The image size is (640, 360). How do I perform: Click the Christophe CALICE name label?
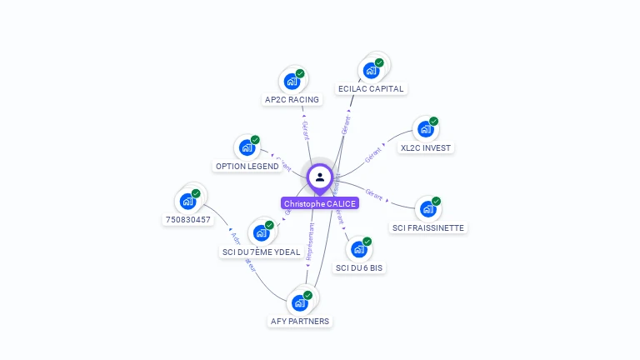click(320, 203)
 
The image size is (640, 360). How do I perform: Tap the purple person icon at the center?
click(320, 177)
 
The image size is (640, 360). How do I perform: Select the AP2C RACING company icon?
click(292, 81)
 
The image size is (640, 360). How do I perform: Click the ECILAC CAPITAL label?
click(371, 88)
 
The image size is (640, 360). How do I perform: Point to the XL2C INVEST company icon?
click(425, 129)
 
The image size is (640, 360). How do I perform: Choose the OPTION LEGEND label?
click(247, 166)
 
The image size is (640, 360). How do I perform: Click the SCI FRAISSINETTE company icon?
click(427, 209)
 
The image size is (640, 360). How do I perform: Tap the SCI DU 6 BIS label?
click(359, 267)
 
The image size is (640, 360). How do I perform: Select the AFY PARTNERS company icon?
click(300, 302)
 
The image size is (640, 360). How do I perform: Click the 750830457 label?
click(187, 220)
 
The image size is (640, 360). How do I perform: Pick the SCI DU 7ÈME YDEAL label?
click(261, 252)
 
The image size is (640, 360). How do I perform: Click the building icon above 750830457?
click(187, 201)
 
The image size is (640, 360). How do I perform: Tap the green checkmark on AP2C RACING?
click(300, 73)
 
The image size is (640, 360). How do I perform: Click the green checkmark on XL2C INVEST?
click(433, 122)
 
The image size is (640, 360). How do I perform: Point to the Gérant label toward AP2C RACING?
click(305, 128)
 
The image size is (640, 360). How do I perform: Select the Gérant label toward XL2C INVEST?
click(372, 154)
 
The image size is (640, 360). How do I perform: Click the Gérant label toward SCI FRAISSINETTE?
click(374, 195)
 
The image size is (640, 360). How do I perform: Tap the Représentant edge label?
click(311, 242)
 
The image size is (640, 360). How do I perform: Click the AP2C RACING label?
click(292, 100)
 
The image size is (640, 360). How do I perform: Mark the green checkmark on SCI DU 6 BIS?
click(367, 242)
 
